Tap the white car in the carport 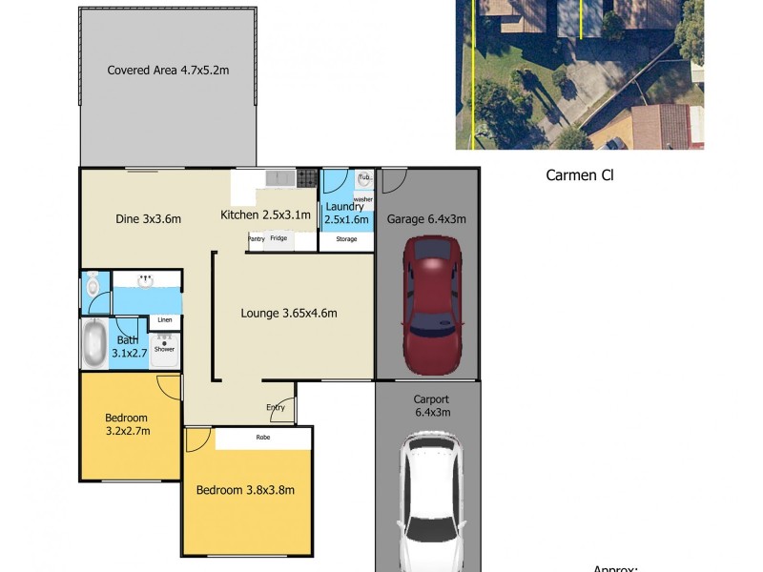(x=430, y=500)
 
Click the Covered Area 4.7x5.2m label (x=168, y=70)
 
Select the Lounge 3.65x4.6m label (x=289, y=313)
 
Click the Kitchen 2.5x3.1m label (x=266, y=214)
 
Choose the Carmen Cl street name (x=578, y=174)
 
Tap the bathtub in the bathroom (x=93, y=344)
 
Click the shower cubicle (x=164, y=349)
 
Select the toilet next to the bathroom (x=93, y=284)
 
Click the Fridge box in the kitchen (x=278, y=238)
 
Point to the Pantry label (x=257, y=238)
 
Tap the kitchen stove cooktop (x=306, y=177)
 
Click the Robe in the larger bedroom (x=262, y=439)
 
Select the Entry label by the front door (x=276, y=407)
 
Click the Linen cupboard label (x=165, y=320)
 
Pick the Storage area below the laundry (x=346, y=239)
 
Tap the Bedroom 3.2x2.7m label (x=127, y=424)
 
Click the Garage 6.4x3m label (x=426, y=218)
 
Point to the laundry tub (x=363, y=178)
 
